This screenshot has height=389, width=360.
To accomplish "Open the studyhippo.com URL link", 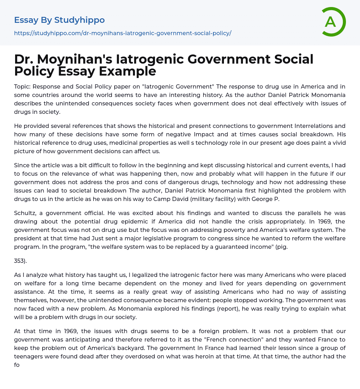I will click(123, 33).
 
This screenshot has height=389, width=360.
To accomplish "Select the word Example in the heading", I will click(127, 71).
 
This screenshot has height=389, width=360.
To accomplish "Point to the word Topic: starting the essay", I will click(23, 87).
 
